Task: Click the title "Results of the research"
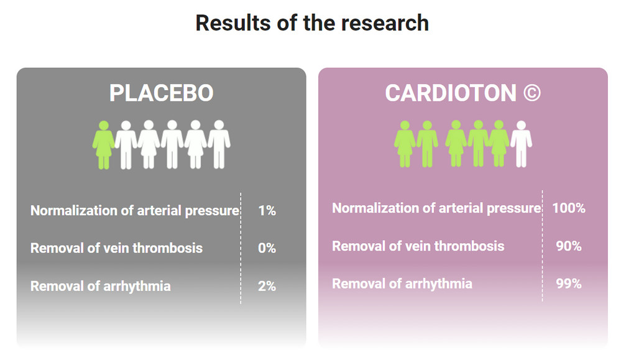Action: pyautogui.click(x=311, y=23)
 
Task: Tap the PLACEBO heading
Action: pyautogui.click(x=161, y=93)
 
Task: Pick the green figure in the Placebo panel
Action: pyautogui.click(x=103, y=144)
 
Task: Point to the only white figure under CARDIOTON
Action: pyautogui.click(x=521, y=143)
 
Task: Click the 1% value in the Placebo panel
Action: pyautogui.click(x=267, y=211)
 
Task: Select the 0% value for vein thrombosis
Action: pyautogui.click(x=267, y=248)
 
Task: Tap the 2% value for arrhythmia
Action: pyautogui.click(x=267, y=286)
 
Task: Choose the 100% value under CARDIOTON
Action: pyautogui.click(x=568, y=208)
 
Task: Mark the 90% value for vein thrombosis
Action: pyautogui.click(x=568, y=246)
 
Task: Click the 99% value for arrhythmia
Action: pyautogui.click(x=568, y=284)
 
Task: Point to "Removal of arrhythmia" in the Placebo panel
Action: pyautogui.click(x=100, y=286)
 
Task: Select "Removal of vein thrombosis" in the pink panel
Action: pyautogui.click(x=418, y=246)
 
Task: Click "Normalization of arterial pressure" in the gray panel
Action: pyautogui.click(x=135, y=211)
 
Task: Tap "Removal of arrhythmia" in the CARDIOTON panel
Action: pyautogui.click(x=402, y=284)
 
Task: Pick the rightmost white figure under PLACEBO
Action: pyautogui.click(x=219, y=144)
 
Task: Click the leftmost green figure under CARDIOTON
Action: pyautogui.click(x=405, y=143)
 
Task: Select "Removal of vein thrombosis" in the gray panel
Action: pyautogui.click(x=116, y=248)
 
